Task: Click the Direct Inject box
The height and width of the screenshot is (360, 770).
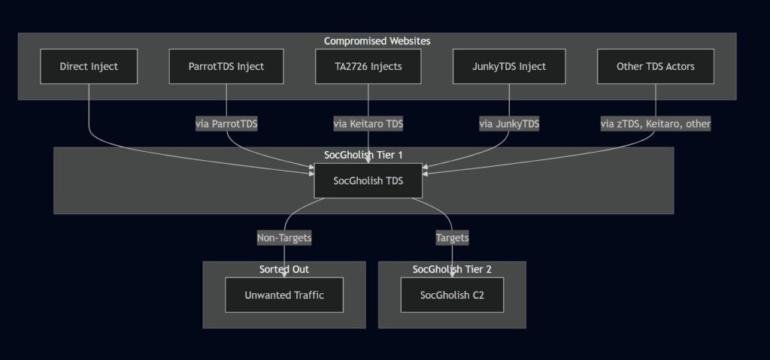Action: click(89, 66)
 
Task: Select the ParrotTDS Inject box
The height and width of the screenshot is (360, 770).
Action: click(226, 66)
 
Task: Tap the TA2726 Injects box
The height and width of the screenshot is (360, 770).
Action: click(368, 66)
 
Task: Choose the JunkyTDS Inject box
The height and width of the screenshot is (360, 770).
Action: click(509, 66)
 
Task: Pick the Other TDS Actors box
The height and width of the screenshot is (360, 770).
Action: click(656, 66)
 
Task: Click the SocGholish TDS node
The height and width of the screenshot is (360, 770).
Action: click(368, 180)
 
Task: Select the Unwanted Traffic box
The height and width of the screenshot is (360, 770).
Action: click(284, 295)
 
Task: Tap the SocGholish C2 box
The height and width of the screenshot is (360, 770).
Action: click(452, 295)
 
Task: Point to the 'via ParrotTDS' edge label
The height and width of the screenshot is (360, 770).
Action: click(226, 124)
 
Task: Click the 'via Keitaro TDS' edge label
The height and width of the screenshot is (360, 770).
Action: click(368, 124)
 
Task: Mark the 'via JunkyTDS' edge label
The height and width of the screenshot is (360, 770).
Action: click(509, 124)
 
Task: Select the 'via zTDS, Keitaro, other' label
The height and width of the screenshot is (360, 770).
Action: click(656, 124)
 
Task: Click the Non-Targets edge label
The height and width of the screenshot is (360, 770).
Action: click(284, 238)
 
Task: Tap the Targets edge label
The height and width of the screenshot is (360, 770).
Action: click(452, 238)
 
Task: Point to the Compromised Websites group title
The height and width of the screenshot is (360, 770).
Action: click(377, 41)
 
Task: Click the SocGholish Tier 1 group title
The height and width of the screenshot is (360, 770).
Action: click(363, 155)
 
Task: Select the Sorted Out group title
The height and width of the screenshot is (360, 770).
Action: click(284, 269)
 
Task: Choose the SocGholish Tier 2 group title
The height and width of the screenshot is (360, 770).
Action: click(452, 269)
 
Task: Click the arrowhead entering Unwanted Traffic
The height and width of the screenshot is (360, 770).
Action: click(284, 274)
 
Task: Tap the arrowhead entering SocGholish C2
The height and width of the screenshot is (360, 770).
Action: click(452, 274)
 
